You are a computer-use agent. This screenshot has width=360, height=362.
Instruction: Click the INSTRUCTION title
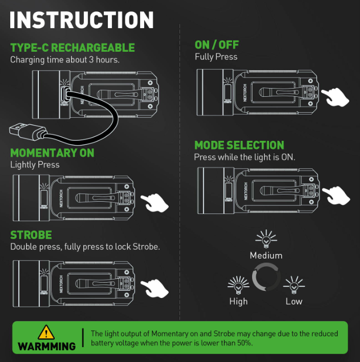[82, 20]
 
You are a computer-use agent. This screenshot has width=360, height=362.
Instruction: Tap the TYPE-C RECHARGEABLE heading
[72, 48]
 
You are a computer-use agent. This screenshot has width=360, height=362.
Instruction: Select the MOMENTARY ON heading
[52, 153]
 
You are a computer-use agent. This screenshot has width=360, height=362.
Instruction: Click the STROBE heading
[31, 235]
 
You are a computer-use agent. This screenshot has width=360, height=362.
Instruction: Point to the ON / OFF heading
[217, 45]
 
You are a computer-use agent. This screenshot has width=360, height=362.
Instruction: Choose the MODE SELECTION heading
[239, 145]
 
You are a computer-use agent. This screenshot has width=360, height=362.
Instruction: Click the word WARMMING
[47, 346]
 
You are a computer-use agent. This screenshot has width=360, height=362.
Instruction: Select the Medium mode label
[266, 255]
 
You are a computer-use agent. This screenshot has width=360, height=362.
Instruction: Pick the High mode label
[238, 301]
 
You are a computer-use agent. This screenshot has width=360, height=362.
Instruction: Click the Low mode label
[294, 301]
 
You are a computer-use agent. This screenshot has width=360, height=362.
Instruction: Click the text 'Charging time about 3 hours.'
[64, 59]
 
